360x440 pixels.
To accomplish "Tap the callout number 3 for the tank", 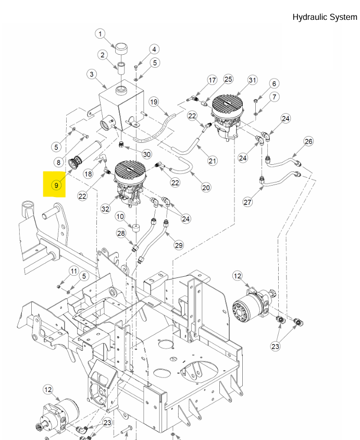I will pyautogui.click(x=92, y=75).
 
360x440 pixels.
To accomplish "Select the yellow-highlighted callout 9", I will pyautogui.click(x=55, y=185).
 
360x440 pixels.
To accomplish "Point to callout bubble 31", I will pyautogui.click(x=252, y=80).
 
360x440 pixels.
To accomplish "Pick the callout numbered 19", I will pyautogui.click(x=153, y=101).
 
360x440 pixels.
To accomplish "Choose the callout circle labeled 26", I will pyautogui.click(x=308, y=141).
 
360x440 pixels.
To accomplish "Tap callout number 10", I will pyautogui.click(x=120, y=216).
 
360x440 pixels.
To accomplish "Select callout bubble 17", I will pyautogui.click(x=212, y=80).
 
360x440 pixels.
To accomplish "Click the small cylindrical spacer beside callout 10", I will pyautogui.click(x=137, y=229).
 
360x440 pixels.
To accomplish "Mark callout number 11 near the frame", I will pyautogui.click(x=73, y=271).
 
